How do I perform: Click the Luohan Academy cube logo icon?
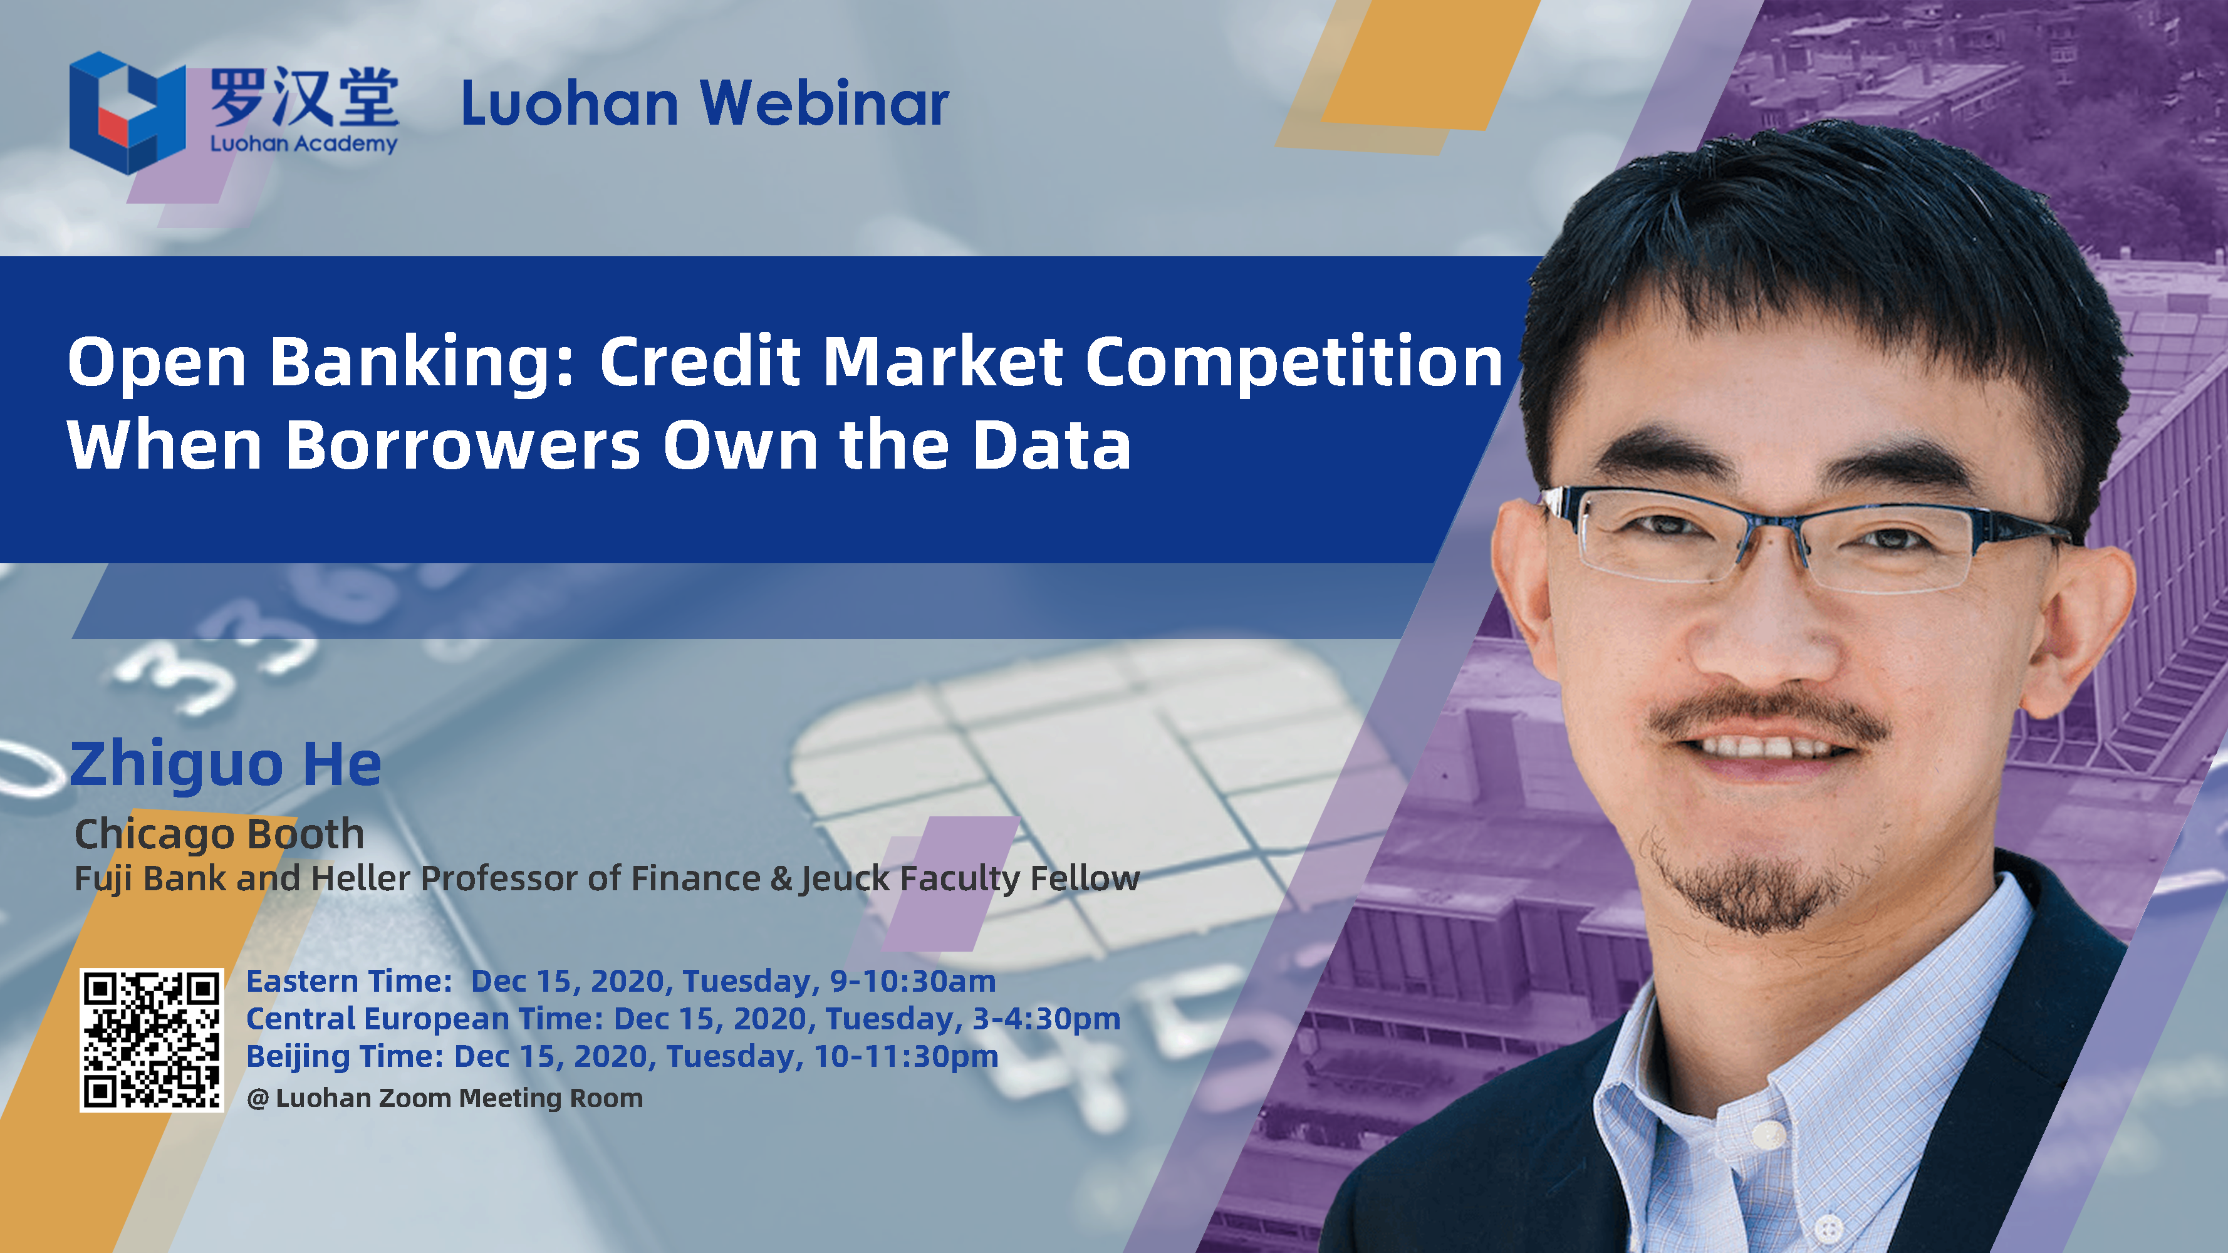click(127, 112)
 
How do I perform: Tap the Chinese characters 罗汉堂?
click(304, 97)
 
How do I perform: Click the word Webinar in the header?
click(825, 104)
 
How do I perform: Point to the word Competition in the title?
click(1294, 362)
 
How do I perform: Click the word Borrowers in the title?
click(463, 445)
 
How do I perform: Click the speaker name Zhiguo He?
click(226, 764)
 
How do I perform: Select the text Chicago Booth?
click(220, 834)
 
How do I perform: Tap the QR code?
click(152, 1039)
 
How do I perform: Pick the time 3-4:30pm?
click(1046, 1019)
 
